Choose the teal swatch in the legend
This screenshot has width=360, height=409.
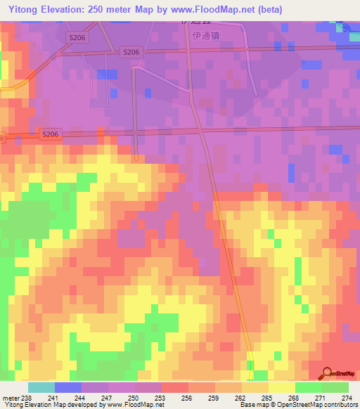click(x=41, y=387)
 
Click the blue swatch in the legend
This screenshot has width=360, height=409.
click(x=68, y=387)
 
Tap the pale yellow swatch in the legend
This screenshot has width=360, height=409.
click(x=282, y=387)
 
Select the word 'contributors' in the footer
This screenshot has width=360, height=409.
click(x=338, y=405)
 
